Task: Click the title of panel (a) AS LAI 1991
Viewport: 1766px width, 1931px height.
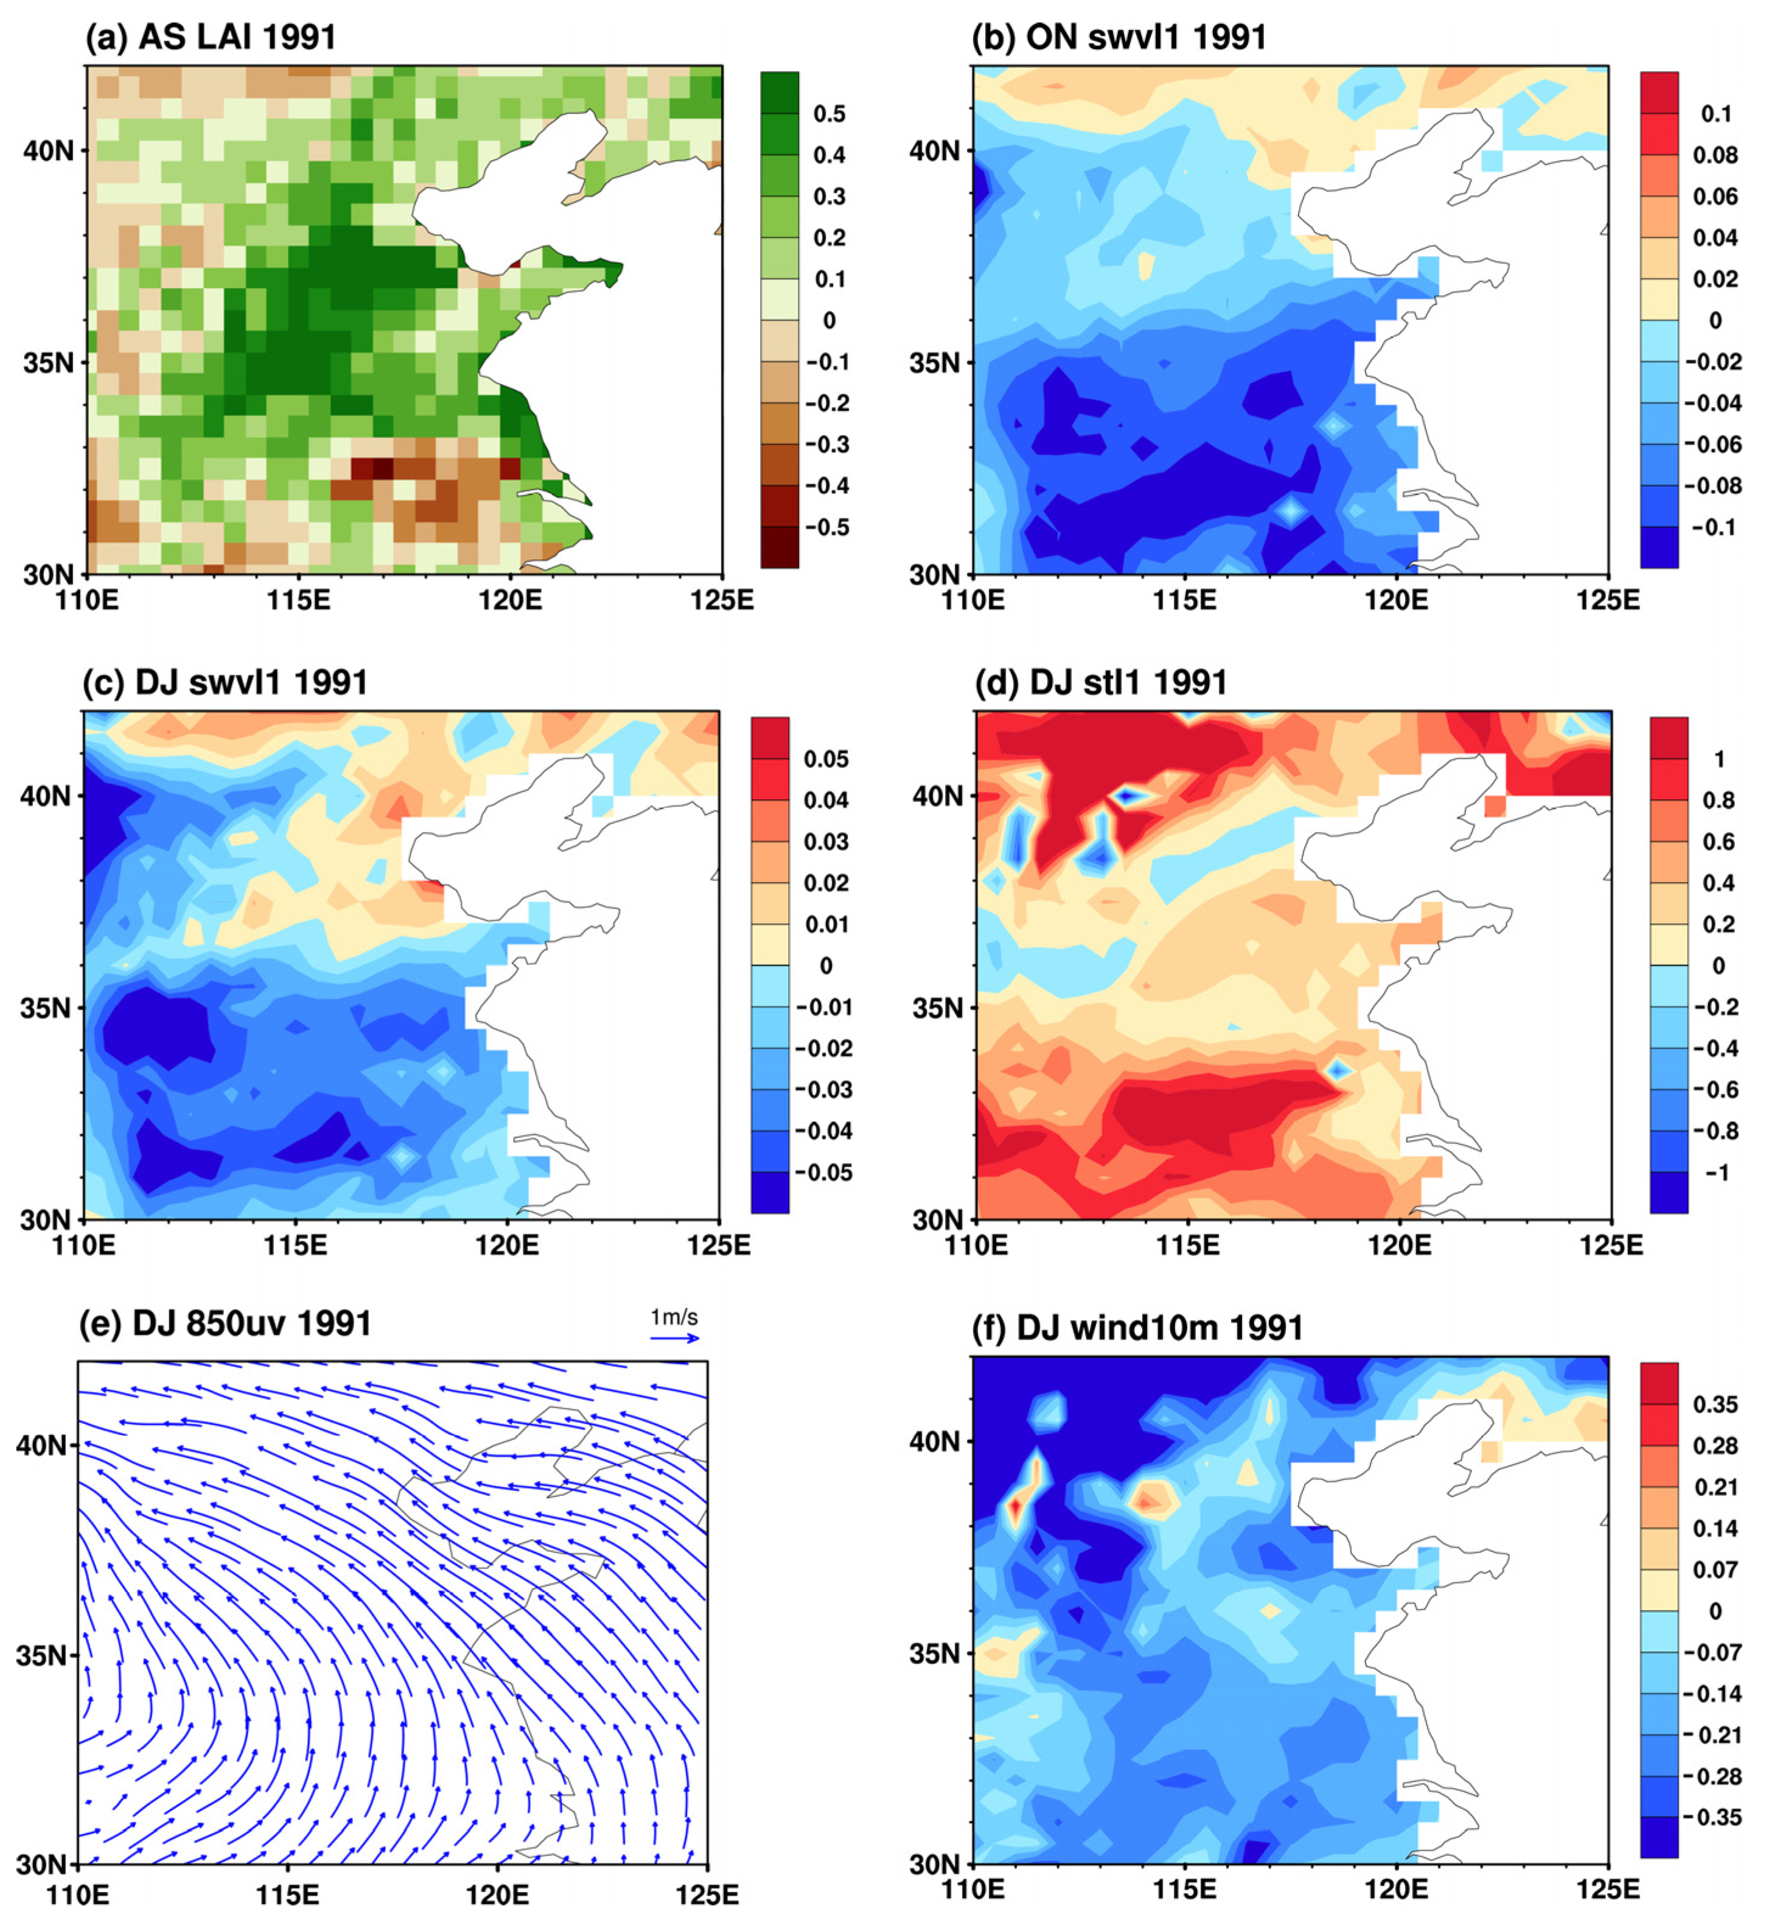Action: coord(211,37)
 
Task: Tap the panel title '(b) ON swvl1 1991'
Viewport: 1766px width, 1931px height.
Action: coord(1119,37)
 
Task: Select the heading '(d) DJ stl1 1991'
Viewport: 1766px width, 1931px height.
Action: coord(1100,683)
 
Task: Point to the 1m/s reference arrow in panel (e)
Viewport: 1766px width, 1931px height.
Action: coord(674,1338)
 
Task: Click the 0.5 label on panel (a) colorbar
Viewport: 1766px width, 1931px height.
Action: coord(829,114)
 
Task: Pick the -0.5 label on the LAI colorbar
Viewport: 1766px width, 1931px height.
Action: coord(826,528)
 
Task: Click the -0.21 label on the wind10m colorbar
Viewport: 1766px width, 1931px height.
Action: coord(1712,1736)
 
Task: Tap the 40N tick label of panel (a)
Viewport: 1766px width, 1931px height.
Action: coord(49,152)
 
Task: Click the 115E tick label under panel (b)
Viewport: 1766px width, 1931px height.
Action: coord(1185,601)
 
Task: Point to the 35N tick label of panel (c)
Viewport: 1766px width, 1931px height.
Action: coord(45,1008)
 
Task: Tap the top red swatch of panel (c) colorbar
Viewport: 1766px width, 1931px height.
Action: coord(769,738)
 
